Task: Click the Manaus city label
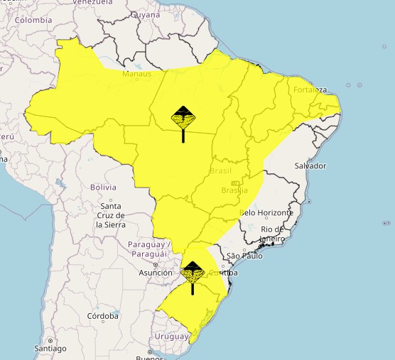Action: pyautogui.click(x=136, y=74)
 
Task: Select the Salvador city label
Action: pyautogui.click(x=310, y=165)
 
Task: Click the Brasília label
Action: pyautogui.click(x=234, y=190)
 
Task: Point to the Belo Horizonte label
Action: pyautogui.click(x=266, y=212)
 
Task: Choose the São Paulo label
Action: pyautogui.click(x=244, y=256)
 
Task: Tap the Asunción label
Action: pyautogui.click(x=156, y=272)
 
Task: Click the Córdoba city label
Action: pyautogui.click(x=102, y=315)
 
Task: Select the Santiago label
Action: pyautogui.click(x=50, y=349)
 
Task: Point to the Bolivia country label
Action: pyautogui.click(x=103, y=187)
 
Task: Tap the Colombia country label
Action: pyautogui.click(x=34, y=21)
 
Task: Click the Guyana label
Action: pyautogui.click(x=146, y=14)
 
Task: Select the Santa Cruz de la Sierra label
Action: pyautogui.click(x=110, y=215)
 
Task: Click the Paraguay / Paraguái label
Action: pyautogui.click(x=147, y=249)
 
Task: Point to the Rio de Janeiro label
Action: pyautogui.click(x=274, y=234)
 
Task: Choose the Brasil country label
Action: pyautogui.click(x=221, y=171)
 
